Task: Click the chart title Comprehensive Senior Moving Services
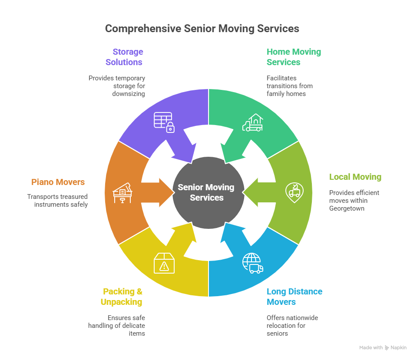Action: [202, 29]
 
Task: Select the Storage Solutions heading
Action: [124, 57]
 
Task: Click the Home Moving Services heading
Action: [294, 57]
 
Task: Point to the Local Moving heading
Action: [355, 177]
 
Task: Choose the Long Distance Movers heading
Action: [294, 297]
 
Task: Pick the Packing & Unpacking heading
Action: [122, 297]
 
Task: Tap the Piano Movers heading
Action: [58, 182]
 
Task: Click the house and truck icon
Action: [252, 122]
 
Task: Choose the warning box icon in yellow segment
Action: [164, 264]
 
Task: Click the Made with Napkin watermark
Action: [383, 348]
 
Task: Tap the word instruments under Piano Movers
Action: [50, 204]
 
